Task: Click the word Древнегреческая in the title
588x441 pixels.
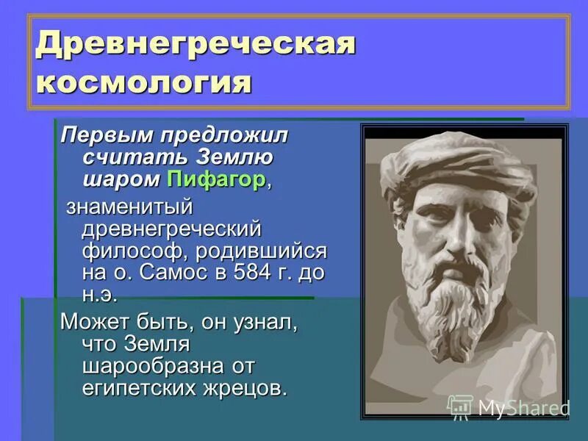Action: (196, 46)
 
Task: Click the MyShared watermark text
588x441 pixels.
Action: (523, 408)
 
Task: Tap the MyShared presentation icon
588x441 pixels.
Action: (460, 406)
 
